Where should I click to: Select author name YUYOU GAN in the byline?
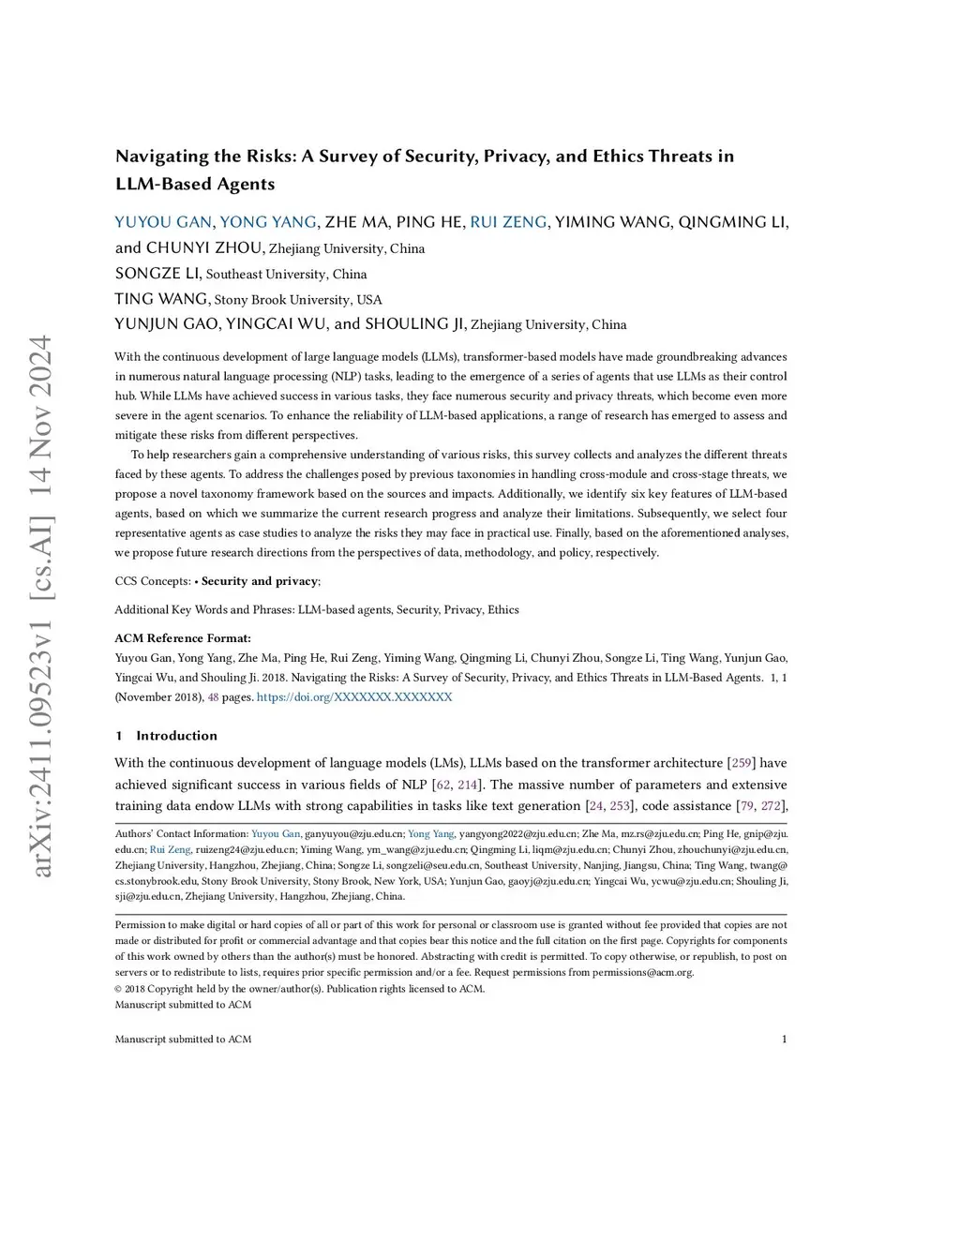[163, 222]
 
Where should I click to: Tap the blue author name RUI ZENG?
[508, 222]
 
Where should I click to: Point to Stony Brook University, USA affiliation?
[298, 300]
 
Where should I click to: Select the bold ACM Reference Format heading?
[183, 638]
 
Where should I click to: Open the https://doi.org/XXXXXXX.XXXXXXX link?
[354, 697]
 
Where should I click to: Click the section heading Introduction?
[176, 736]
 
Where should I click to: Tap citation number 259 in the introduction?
[742, 763]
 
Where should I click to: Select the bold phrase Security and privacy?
[259, 581]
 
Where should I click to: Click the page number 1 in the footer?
[784, 1039]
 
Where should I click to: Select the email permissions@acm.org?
[642, 972]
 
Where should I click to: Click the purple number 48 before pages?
[213, 697]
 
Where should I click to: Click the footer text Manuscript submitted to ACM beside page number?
[183, 1039]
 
